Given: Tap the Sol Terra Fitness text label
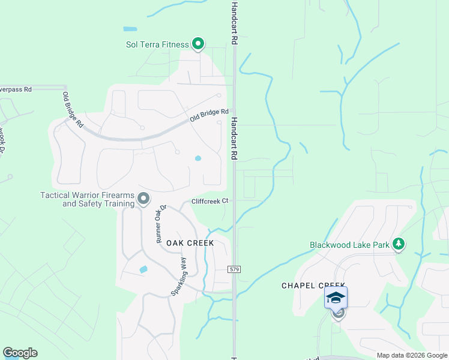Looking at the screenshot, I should tap(158, 44).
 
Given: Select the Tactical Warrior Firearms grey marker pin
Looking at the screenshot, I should tap(143, 198).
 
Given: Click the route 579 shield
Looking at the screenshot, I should tap(235, 271).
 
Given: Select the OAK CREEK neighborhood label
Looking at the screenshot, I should tap(190, 243).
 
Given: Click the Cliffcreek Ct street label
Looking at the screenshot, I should tap(210, 202).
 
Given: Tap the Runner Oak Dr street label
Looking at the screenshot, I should tap(160, 223).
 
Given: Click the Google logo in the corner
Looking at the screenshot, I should tap(20, 353).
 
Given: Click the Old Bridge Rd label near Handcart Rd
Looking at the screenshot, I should tap(209, 115).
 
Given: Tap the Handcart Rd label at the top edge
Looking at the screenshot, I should tap(235, 22).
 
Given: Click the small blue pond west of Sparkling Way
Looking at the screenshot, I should tap(143, 269).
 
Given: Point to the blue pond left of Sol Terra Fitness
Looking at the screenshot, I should tap(130, 29).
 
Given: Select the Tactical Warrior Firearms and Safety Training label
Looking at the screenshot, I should tap(87, 199).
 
